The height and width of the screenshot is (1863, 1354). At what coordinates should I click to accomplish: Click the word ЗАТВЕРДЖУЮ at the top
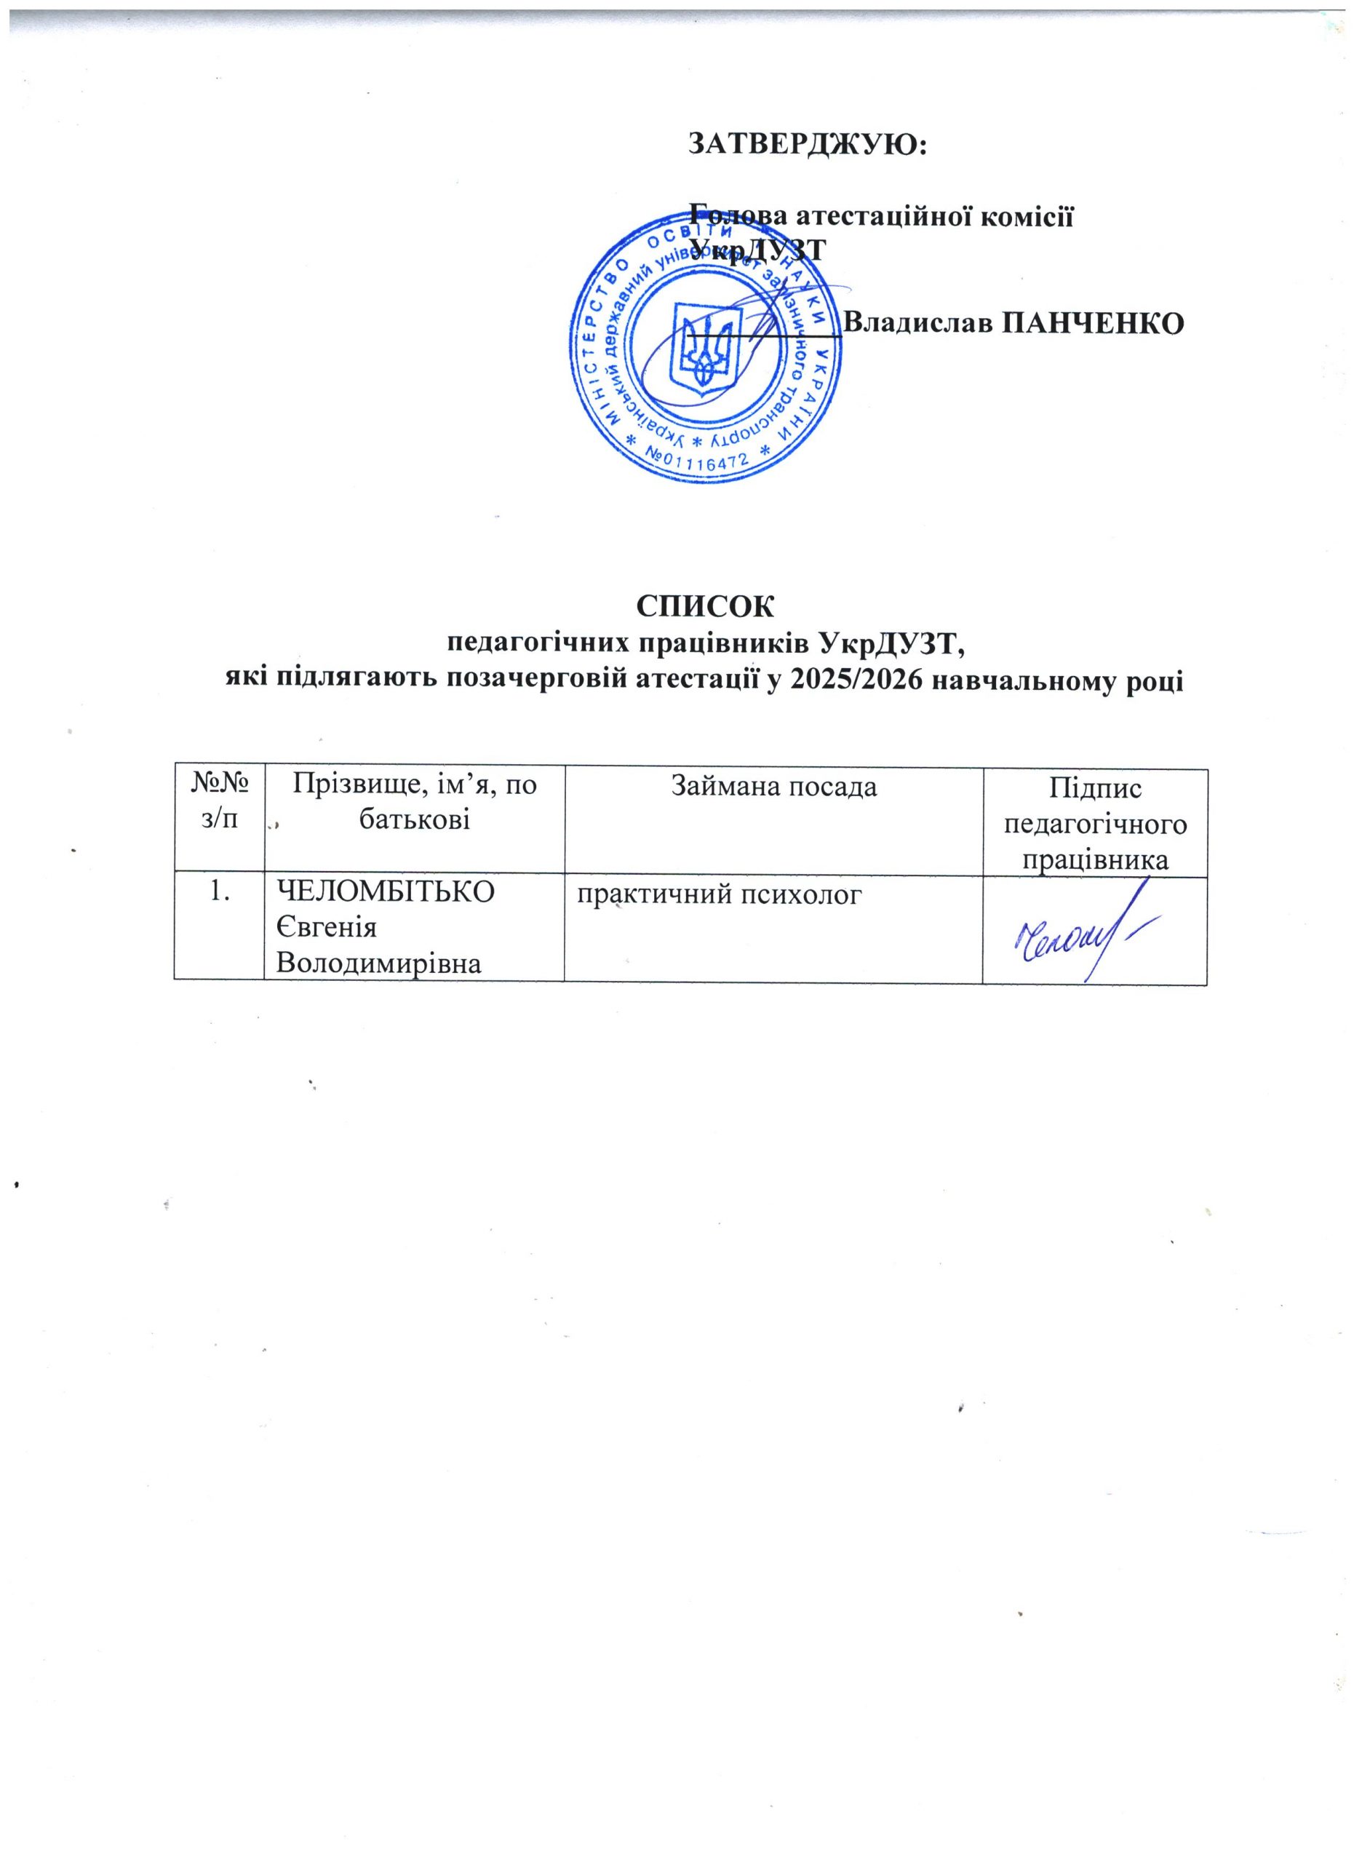tap(805, 145)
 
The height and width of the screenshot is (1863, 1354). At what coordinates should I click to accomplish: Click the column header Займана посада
tap(773, 787)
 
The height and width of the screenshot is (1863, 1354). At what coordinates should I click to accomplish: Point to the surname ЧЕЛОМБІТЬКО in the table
tap(386, 892)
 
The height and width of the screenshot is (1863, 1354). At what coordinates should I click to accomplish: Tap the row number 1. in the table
tap(219, 892)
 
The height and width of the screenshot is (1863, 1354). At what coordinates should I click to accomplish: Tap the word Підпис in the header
tap(1096, 790)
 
